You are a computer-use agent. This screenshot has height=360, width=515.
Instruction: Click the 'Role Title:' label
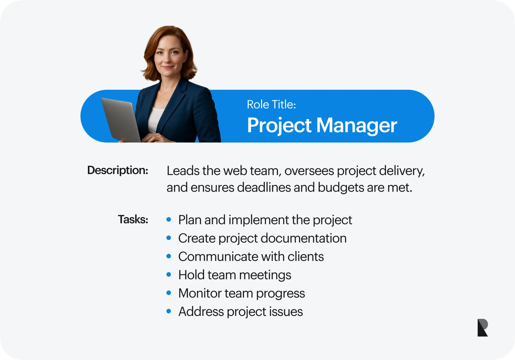(271, 105)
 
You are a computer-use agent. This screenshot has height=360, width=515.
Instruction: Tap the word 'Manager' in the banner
(357, 126)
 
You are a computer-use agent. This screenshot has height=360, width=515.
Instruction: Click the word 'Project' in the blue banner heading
(279, 126)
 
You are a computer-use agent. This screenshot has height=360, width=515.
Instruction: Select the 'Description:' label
(118, 171)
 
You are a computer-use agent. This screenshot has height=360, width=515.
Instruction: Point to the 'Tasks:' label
(133, 219)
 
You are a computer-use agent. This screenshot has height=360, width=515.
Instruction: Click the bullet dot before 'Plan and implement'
(169, 219)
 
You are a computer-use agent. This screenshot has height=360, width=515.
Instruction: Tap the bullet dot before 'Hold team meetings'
(169, 274)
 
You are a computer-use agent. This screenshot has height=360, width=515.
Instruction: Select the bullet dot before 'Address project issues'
(169, 311)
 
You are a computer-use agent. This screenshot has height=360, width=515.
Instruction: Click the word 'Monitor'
(200, 293)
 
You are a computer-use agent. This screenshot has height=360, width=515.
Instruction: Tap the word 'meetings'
(265, 275)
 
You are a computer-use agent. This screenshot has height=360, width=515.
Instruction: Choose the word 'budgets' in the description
(341, 188)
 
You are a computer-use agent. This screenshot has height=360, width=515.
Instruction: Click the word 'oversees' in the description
(309, 171)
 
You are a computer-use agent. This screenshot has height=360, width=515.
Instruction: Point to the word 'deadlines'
(264, 187)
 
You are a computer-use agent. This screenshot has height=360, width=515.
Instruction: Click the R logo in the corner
(482, 328)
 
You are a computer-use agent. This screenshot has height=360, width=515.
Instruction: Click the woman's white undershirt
(155, 120)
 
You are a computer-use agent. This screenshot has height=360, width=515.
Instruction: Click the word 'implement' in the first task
(259, 220)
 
